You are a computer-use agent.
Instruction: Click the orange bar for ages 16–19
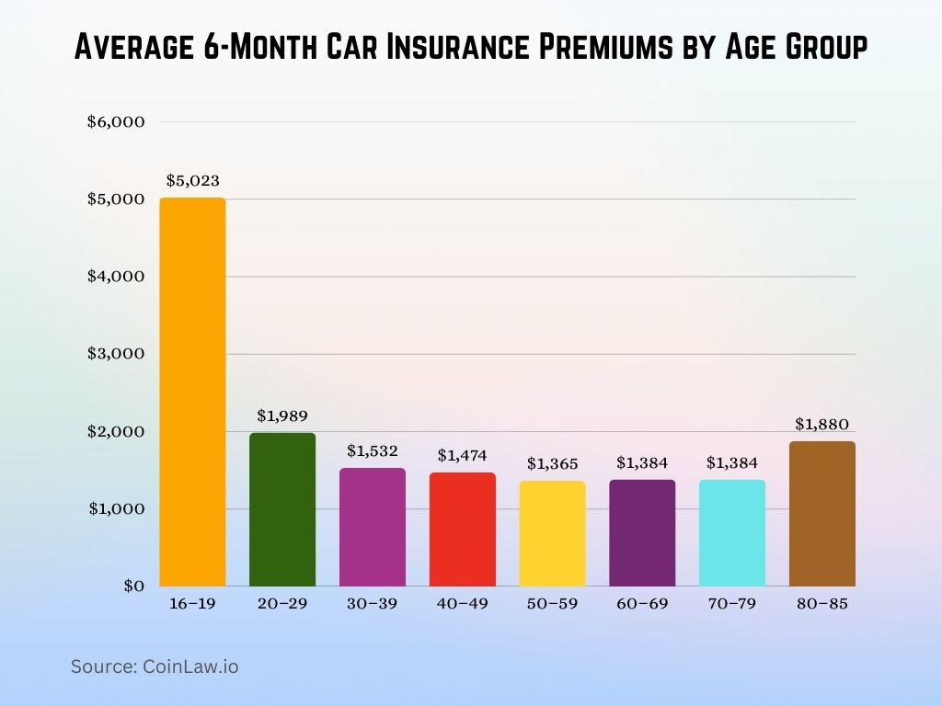(192, 392)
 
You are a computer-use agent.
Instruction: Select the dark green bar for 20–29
(282, 509)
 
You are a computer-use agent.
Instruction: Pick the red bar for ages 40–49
(463, 529)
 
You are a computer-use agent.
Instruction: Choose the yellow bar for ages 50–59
(552, 533)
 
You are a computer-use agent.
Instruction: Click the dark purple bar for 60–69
(642, 532)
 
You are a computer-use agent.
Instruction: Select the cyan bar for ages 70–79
(732, 532)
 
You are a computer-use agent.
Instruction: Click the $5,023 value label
(192, 180)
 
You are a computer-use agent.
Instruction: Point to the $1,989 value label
(282, 416)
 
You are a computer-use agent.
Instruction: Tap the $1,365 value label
(552, 463)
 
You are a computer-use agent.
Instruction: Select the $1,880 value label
(822, 424)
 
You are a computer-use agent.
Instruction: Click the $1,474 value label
(463, 455)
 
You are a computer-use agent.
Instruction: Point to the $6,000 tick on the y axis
(117, 122)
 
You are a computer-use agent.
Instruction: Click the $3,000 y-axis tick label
(117, 354)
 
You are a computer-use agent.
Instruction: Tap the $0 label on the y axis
(133, 586)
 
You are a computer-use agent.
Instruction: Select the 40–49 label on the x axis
(463, 604)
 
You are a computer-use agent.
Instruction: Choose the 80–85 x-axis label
(822, 604)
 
